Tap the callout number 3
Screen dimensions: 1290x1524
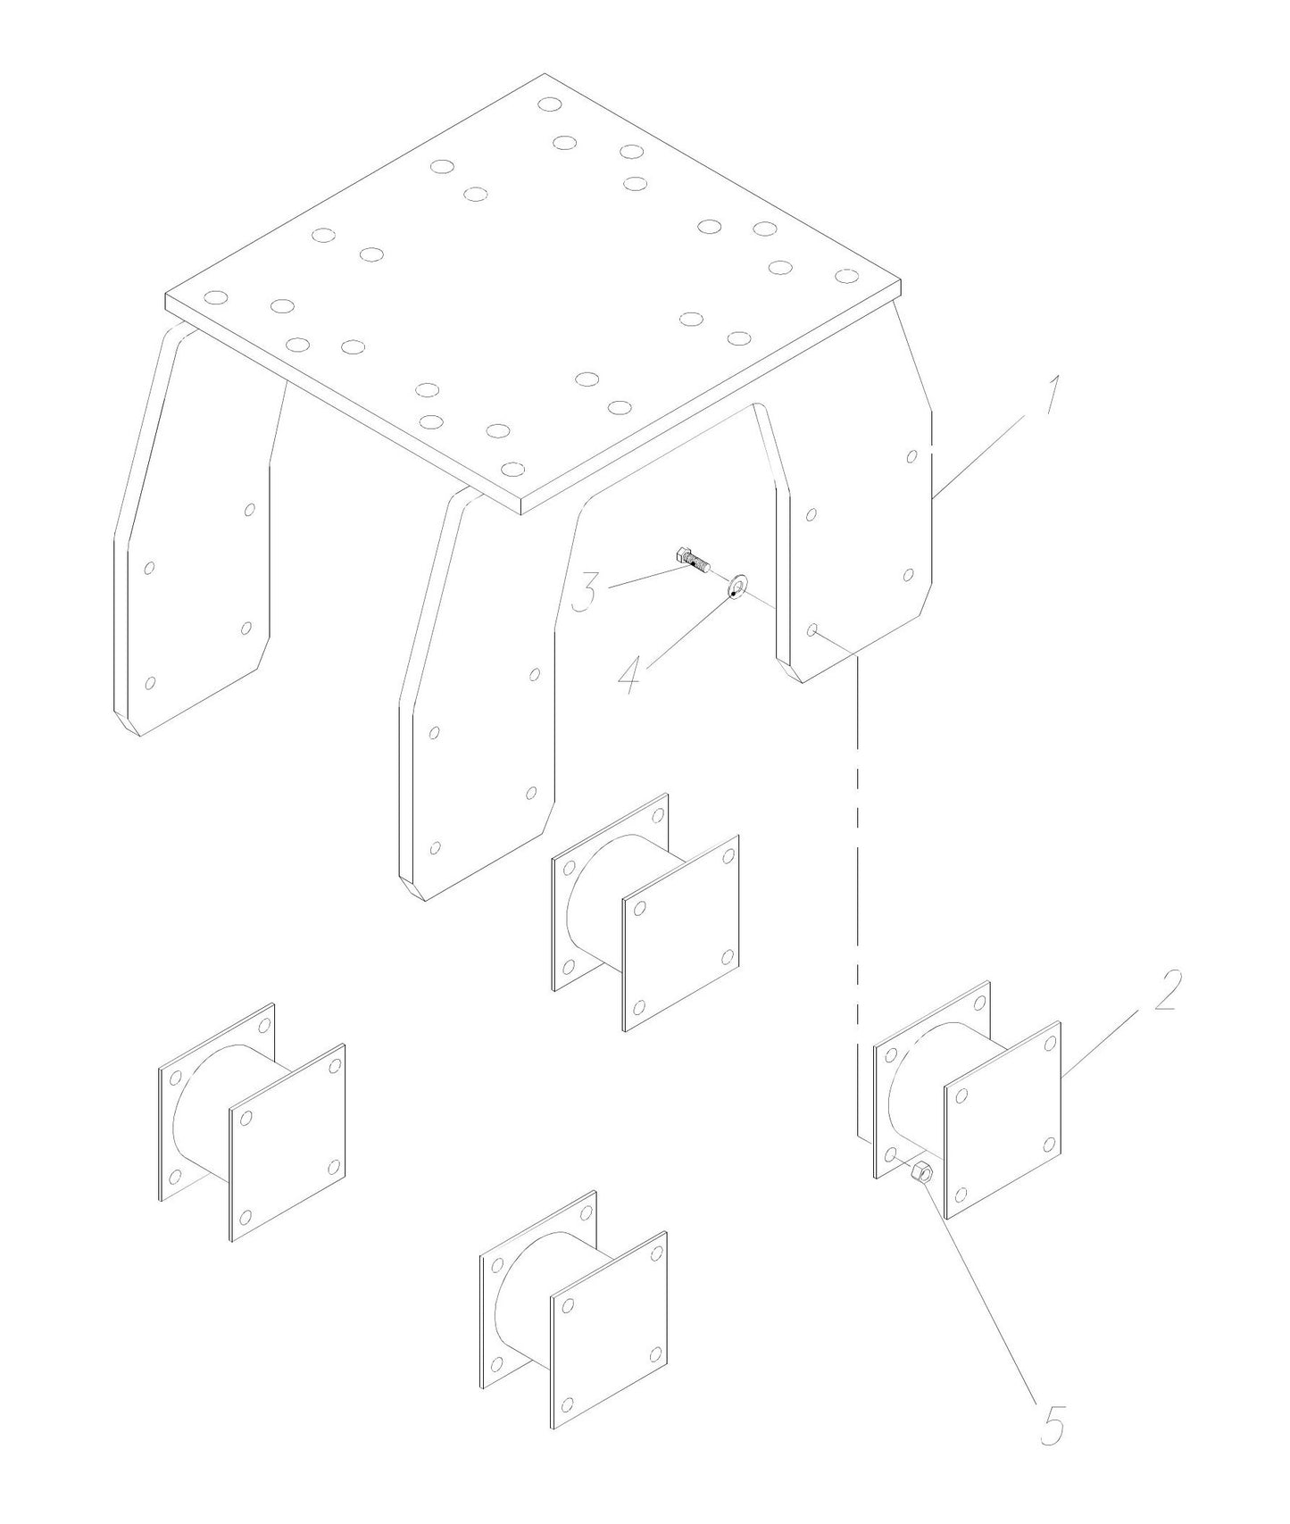point(585,592)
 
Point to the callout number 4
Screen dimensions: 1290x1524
point(630,674)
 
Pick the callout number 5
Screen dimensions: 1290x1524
point(1053,1426)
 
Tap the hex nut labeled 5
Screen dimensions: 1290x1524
point(922,1172)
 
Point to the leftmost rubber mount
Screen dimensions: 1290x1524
point(252,1121)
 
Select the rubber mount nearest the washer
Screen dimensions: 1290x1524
point(645,912)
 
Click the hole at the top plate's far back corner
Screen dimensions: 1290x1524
point(550,104)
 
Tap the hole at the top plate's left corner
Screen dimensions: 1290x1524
point(215,297)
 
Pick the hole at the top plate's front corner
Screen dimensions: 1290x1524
point(512,468)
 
